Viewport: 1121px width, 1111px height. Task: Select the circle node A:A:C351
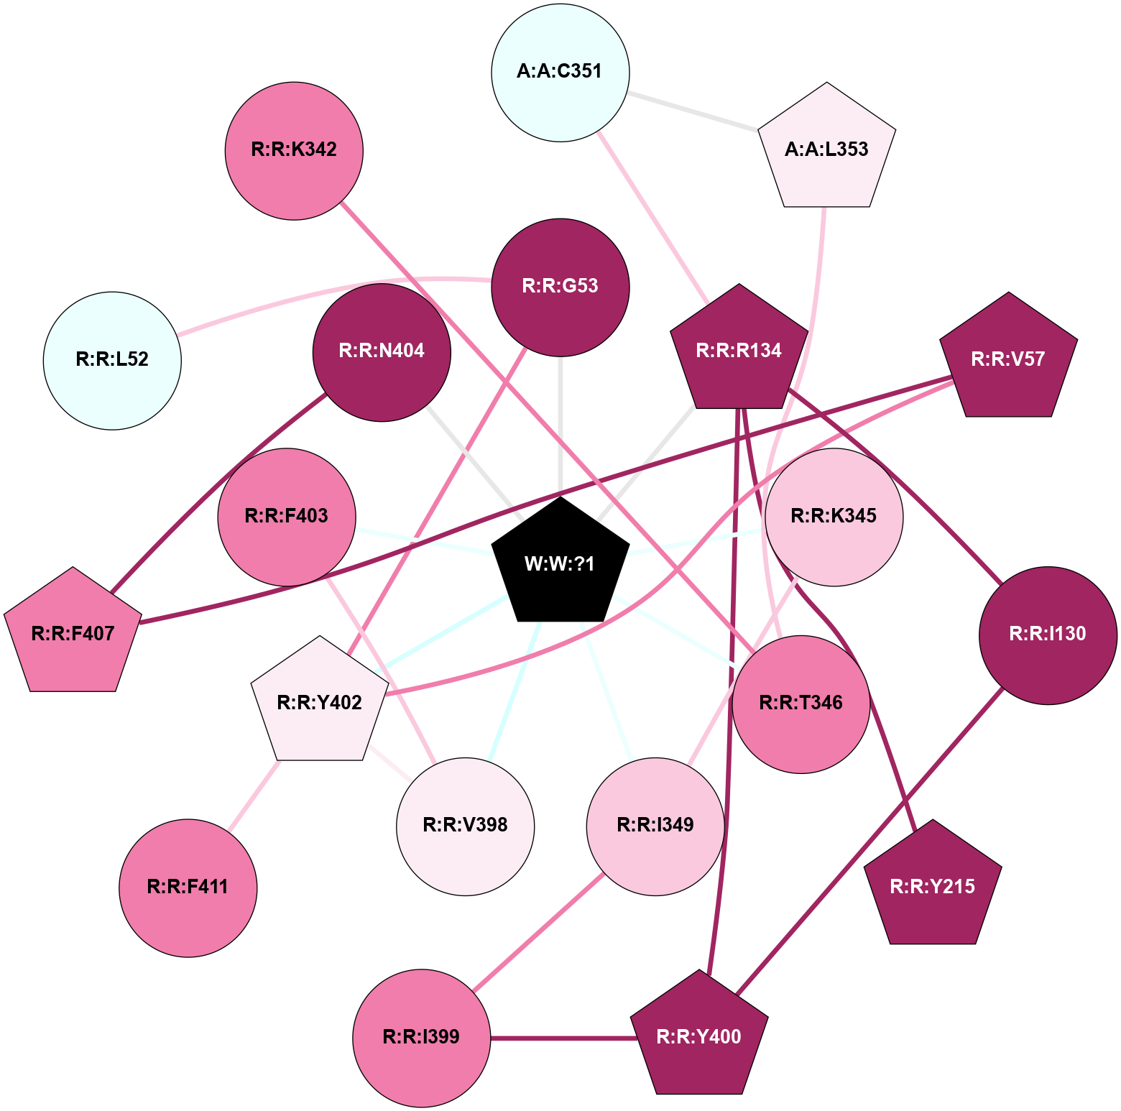560,72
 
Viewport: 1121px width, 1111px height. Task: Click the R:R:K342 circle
294,150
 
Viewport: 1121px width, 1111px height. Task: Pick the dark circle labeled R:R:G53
560,287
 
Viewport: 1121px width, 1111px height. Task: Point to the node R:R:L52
112,360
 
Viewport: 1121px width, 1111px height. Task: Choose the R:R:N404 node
382,352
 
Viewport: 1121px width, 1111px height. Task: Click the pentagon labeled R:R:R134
739,351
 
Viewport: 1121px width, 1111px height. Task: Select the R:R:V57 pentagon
1008,359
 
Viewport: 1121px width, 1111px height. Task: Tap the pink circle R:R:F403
287,517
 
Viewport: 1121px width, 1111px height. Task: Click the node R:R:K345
834,517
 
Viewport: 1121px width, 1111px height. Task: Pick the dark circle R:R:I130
1048,635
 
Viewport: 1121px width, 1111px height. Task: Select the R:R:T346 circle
801,704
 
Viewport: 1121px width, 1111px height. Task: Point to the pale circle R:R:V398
466,826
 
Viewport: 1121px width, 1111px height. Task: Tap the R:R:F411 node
188,888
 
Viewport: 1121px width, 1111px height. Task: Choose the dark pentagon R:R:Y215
933,887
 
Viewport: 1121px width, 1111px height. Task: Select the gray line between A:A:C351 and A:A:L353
693,111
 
